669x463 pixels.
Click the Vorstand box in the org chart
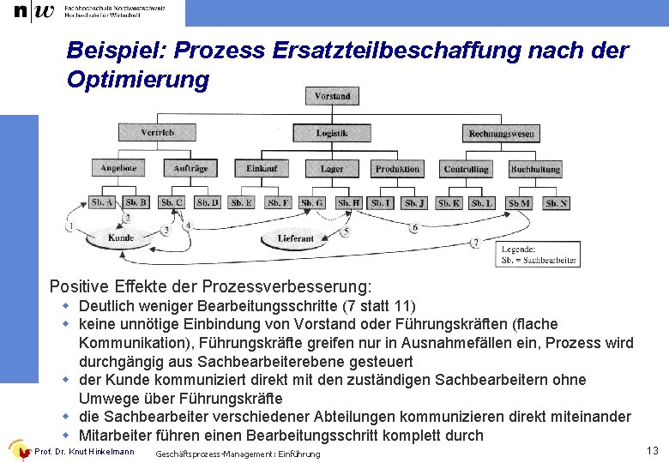click(332, 96)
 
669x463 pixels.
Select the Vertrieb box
click(157, 133)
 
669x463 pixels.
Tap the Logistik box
click(332, 133)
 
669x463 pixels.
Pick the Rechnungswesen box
click(501, 133)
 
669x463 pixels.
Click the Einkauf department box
click(262, 169)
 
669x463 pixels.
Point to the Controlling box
click(466, 169)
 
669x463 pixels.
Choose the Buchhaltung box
click(536, 169)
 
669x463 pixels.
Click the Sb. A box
click(102, 203)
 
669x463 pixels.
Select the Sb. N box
click(557, 203)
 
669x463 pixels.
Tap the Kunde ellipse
click(121, 238)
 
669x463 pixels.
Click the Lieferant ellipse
click(296, 238)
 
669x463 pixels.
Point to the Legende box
click(539, 254)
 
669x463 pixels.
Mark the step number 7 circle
click(475, 244)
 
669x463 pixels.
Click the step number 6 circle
click(415, 228)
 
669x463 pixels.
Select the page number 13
click(653, 450)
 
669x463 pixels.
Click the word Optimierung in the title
click(137, 80)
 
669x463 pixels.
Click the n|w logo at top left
click(31, 11)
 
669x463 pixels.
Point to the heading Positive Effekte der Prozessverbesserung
click(211, 286)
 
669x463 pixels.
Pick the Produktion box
click(398, 169)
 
